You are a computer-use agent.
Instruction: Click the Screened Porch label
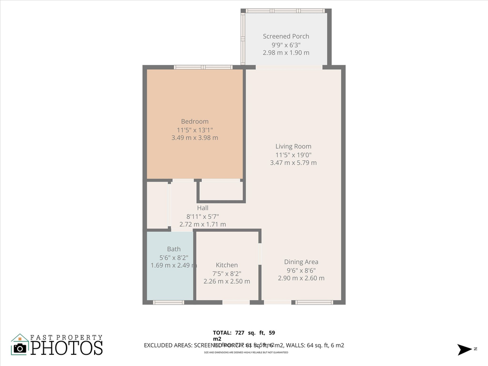(286, 36)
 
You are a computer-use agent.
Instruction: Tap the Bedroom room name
(195, 121)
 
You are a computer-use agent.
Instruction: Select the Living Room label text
(293, 146)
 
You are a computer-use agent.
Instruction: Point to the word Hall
(203, 208)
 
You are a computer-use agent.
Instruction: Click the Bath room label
(174, 249)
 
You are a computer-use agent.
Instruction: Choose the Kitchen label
(227, 265)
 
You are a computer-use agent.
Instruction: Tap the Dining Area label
(301, 262)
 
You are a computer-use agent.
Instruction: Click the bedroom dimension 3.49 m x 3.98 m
(195, 138)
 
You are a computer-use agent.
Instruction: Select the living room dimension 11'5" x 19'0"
(293, 155)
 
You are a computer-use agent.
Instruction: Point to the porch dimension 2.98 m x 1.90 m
(286, 52)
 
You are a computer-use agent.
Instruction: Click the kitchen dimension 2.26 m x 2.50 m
(227, 281)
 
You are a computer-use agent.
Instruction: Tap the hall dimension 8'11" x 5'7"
(203, 216)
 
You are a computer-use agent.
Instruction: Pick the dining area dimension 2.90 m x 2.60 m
(301, 278)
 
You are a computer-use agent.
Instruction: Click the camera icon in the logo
(20, 347)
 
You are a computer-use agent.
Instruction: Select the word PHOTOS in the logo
(67, 348)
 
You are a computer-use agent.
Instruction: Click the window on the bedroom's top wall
(203, 67)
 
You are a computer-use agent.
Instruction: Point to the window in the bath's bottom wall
(168, 302)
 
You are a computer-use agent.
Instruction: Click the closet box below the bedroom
(221, 190)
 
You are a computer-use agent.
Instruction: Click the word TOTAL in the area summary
(222, 333)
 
